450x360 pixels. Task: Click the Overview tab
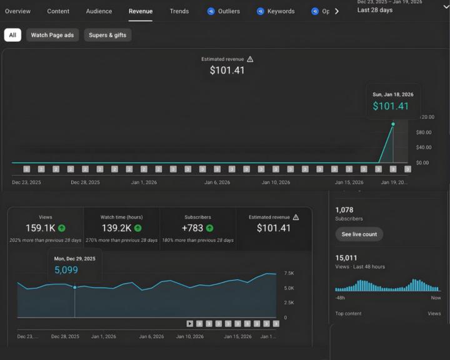pos(17,11)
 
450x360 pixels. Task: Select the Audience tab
pos(99,11)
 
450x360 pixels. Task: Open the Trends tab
pos(179,11)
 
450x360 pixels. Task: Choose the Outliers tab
pos(227,11)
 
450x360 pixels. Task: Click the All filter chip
pos(12,35)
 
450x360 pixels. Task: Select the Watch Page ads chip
pos(52,35)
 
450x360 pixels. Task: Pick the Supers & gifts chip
pos(107,35)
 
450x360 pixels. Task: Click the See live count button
pos(359,234)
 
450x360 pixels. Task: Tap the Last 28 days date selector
pos(375,10)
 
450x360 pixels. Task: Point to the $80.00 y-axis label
pos(424,132)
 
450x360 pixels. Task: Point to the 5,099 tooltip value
pos(66,270)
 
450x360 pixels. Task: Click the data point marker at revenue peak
pos(393,124)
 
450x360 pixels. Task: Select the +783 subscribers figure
pos(192,228)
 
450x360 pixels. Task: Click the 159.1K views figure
pos(41,228)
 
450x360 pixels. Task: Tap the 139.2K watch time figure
pos(116,228)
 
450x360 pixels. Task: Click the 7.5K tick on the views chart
pos(289,274)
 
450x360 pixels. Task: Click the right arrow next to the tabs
pos(337,11)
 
